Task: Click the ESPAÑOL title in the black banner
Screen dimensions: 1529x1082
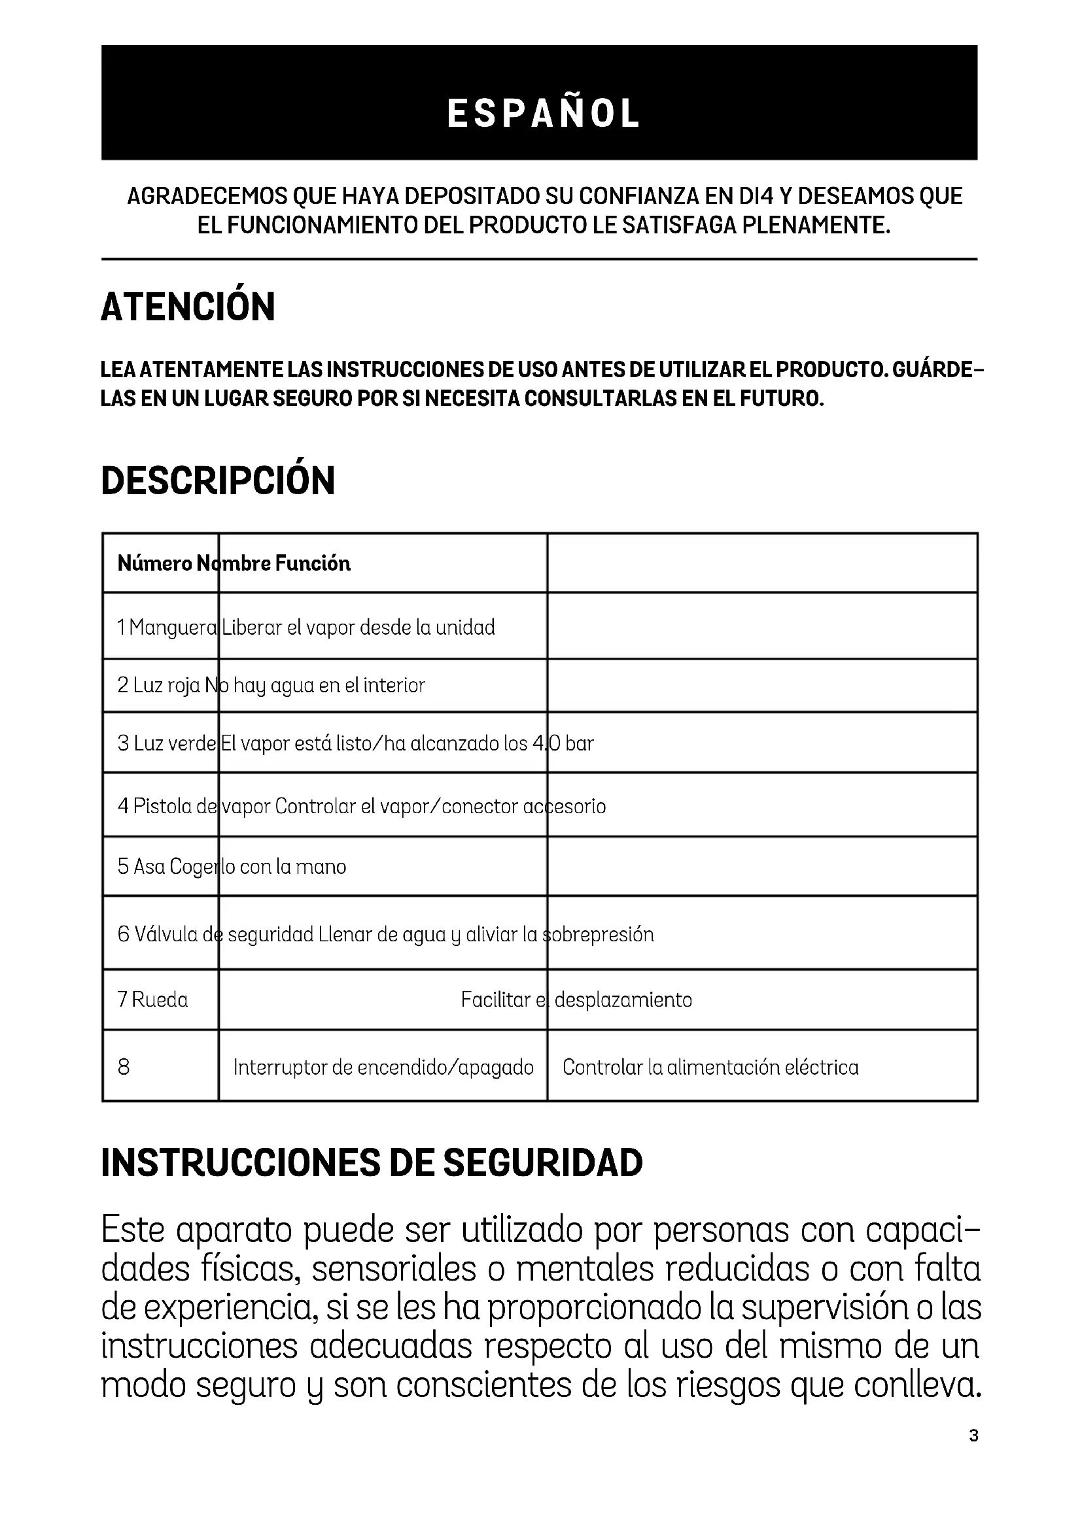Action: (543, 113)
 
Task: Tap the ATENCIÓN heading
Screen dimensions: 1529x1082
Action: (188, 307)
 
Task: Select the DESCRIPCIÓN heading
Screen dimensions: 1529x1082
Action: (218, 481)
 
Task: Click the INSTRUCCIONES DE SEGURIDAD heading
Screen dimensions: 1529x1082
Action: (372, 1164)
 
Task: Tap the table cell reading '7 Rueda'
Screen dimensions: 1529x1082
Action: (153, 1000)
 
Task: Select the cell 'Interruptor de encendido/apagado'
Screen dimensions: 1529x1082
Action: (383, 1067)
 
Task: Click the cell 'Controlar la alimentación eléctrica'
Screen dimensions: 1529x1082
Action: (710, 1067)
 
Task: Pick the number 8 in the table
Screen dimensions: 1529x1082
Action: (124, 1067)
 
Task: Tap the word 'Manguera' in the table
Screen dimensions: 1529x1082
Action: (173, 628)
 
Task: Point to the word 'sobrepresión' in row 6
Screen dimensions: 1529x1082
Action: (600, 934)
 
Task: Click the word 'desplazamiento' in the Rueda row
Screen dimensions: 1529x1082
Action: (623, 1000)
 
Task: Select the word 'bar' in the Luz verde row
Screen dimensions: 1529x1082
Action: (580, 743)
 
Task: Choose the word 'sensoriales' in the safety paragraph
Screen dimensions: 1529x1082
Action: (394, 1269)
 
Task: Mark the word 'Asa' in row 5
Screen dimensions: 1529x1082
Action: (147, 866)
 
